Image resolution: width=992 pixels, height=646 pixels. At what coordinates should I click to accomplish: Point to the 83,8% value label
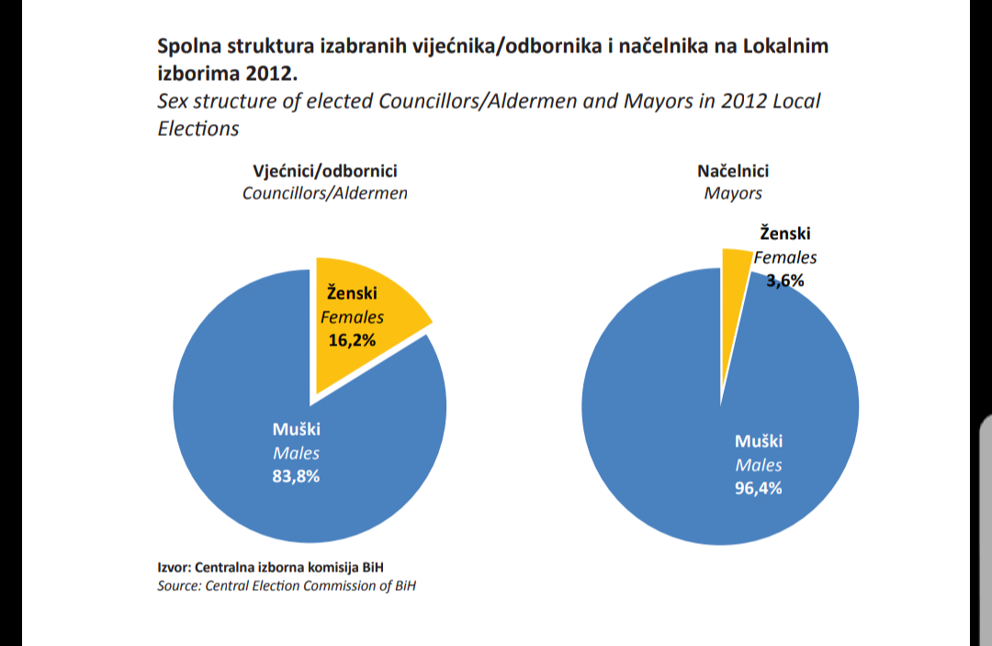tap(296, 476)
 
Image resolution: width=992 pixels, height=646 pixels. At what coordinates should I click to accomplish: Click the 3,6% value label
tap(785, 281)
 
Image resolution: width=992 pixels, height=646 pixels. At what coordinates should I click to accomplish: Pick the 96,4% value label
tap(759, 488)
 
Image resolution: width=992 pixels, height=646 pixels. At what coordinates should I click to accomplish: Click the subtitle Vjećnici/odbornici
tap(325, 171)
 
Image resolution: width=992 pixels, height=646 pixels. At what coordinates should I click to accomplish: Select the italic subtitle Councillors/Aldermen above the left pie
tap(324, 193)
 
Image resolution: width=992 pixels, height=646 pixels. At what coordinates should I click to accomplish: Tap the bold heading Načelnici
tap(733, 171)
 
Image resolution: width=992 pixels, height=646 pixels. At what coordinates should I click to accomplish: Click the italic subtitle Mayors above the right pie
tap(733, 193)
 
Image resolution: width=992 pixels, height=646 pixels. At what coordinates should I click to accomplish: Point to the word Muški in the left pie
tap(296, 429)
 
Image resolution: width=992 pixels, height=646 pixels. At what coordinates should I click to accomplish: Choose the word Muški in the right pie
tap(759, 441)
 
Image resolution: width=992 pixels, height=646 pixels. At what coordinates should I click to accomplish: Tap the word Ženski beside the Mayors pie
tap(785, 234)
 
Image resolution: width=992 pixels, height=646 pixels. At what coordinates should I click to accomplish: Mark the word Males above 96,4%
tap(759, 465)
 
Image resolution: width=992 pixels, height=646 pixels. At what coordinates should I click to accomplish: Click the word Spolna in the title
tap(190, 46)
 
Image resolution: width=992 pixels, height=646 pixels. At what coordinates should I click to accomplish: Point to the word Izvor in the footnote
tap(175, 567)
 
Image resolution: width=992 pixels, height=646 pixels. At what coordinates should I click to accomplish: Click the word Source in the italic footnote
tap(178, 585)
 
